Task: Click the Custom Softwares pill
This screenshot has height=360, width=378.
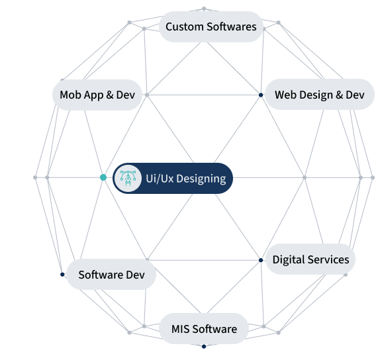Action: point(211,26)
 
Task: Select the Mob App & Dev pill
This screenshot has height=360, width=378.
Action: point(97,95)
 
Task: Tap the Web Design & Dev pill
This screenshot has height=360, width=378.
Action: point(320,95)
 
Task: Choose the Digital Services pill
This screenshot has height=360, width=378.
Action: point(310,259)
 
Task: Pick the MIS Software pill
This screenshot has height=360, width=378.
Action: point(204,328)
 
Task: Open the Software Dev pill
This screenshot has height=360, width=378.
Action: point(111,274)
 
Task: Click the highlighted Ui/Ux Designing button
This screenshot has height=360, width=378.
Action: point(173,178)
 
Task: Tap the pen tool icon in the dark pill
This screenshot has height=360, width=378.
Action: point(128,178)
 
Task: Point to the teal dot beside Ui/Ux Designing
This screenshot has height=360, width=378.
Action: point(103,177)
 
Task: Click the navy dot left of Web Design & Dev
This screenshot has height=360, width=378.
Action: point(261,95)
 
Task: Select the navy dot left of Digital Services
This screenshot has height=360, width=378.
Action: point(261,260)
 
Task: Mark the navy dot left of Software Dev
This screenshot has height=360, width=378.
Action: point(62,275)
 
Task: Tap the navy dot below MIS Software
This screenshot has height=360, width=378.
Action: point(204,347)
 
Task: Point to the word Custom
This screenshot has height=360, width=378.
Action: point(185,26)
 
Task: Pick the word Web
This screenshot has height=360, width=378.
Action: point(283,95)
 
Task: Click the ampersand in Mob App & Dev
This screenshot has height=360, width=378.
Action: point(110,95)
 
